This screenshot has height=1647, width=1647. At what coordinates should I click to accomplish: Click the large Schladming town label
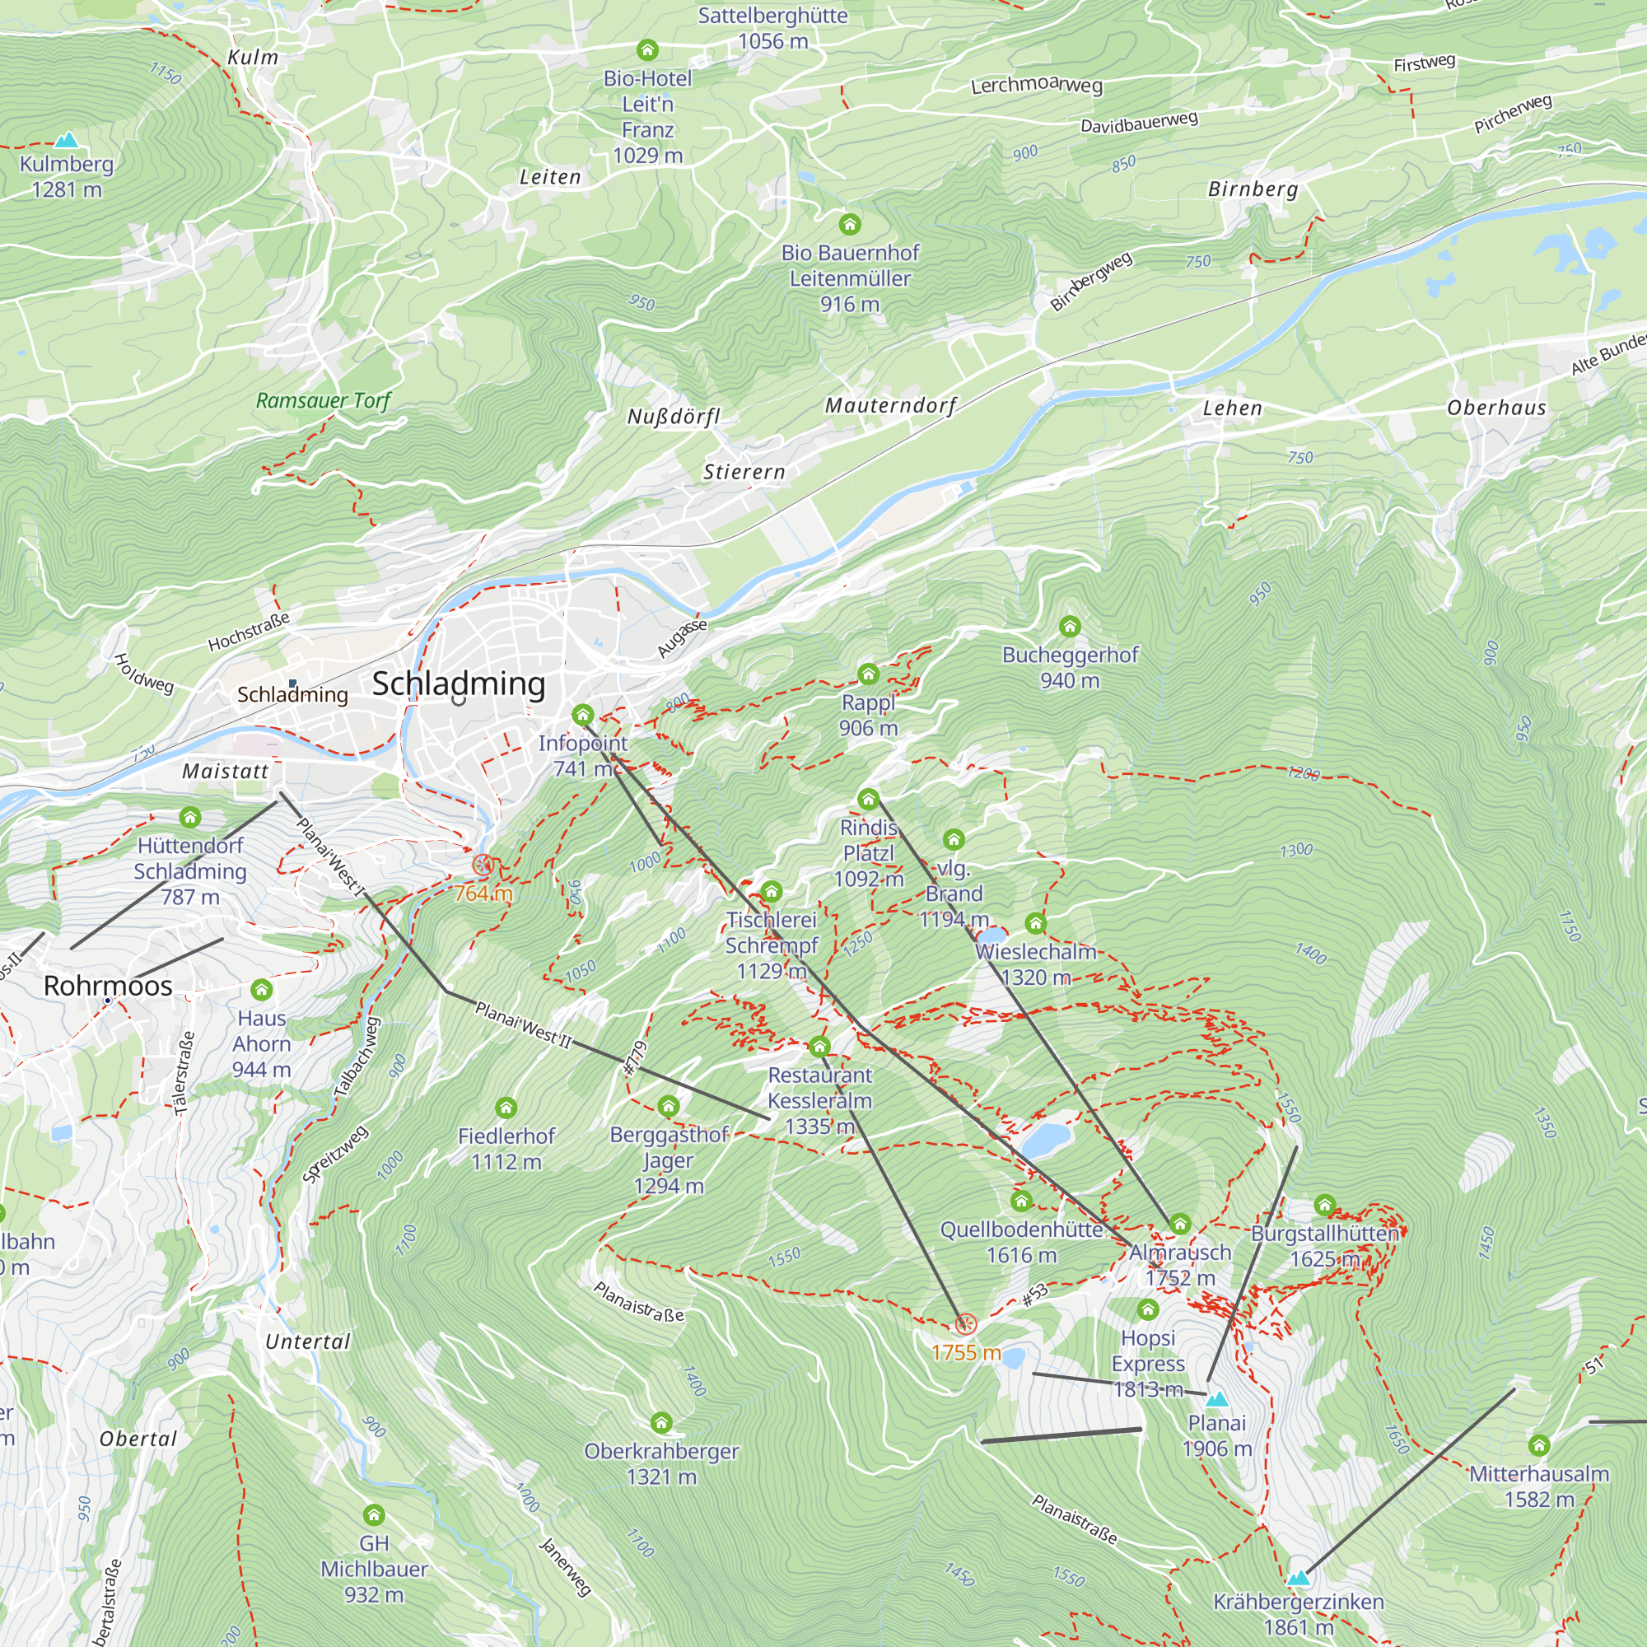(459, 683)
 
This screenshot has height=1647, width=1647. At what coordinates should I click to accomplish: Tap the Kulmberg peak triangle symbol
(67, 140)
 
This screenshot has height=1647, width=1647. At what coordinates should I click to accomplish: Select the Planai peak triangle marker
(1216, 1399)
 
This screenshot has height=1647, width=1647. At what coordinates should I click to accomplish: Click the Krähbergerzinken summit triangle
(1299, 1578)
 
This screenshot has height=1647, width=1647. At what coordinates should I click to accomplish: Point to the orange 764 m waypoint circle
(483, 866)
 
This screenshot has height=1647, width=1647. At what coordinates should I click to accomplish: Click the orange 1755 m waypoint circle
(965, 1324)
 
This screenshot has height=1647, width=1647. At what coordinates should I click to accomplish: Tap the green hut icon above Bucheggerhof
(1070, 627)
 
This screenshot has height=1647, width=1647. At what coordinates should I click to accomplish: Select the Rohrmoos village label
(108, 986)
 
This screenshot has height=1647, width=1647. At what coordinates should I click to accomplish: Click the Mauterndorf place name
(891, 406)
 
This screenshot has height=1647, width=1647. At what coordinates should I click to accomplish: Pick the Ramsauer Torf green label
(323, 400)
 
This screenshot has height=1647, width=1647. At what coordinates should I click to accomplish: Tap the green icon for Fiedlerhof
(506, 1108)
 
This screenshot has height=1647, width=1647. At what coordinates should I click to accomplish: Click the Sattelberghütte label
(772, 16)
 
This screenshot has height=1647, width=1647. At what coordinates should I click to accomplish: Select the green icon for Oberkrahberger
(661, 1423)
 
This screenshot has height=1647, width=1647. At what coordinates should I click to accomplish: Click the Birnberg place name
(1253, 189)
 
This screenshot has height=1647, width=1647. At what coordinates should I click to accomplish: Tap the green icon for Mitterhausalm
(1539, 1445)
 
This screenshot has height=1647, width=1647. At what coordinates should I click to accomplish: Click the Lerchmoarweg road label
(1037, 86)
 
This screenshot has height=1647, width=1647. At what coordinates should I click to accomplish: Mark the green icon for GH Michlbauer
(374, 1515)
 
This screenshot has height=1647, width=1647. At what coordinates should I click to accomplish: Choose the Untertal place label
(308, 1341)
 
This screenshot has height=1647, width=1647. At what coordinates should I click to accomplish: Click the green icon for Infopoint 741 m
(583, 713)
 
